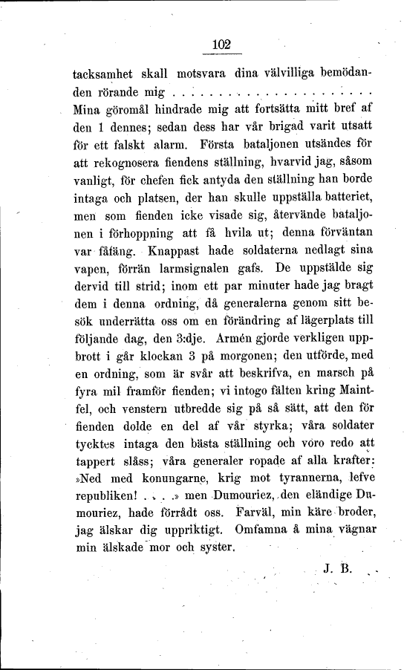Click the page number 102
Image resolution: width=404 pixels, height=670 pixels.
[222, 44]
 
